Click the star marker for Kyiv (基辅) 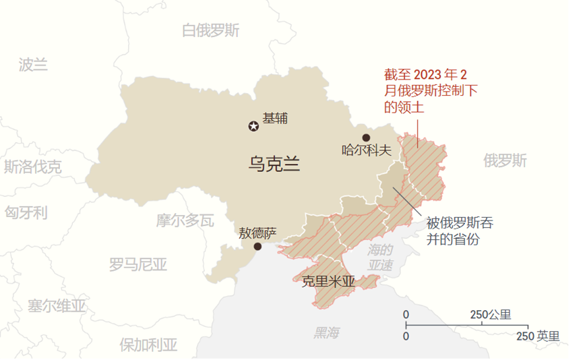(253, 125)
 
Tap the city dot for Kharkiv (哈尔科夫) (367, 138)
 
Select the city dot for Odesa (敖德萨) (257, 247)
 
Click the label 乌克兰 (274, 162)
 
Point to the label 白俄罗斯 (211, 30)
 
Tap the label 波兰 (33, 65)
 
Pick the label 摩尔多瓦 (185, 220)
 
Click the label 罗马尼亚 (137, 264)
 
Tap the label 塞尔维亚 (57, 305)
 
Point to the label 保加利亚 (148, 345)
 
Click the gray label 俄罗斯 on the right (505, 160)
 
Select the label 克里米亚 (328, 282)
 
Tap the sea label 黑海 (327, 332)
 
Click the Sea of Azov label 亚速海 (381, 258)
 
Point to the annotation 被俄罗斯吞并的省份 (458, 231)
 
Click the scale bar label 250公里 (491, 315)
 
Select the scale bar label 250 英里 (539, 336)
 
